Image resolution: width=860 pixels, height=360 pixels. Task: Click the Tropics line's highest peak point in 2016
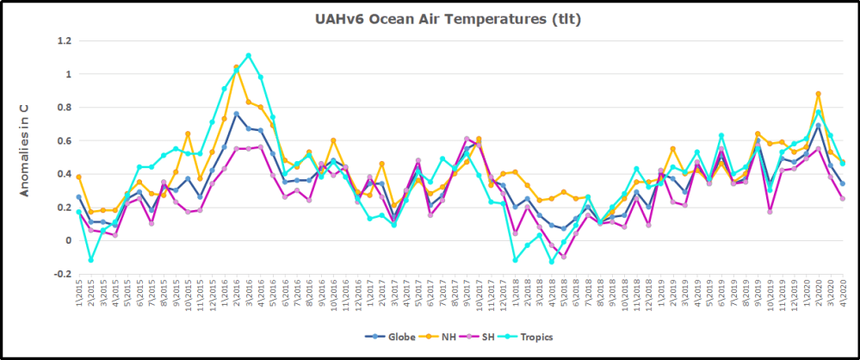(249, 56)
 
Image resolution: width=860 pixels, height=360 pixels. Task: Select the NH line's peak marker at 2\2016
(237, 67)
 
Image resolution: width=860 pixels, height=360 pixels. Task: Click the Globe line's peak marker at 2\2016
(237, 114)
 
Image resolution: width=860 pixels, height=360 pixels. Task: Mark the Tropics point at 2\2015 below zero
(91, 260)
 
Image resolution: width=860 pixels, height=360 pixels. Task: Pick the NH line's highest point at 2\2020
(818, 94)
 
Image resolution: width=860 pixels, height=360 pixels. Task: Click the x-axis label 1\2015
(79, 293)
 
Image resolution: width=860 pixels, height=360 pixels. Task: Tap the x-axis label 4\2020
(842, 293)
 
